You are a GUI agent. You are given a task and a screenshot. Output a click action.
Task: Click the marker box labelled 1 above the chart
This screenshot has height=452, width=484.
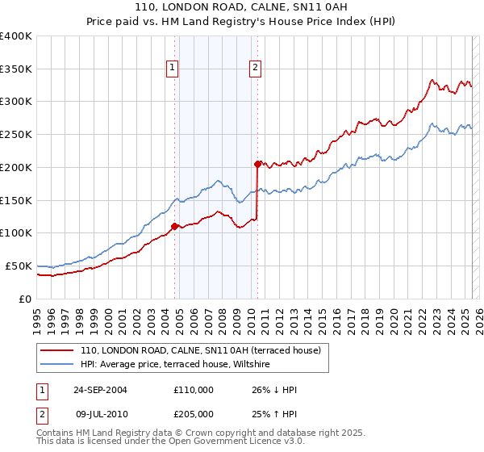pyautogui.click(x=173, y=69)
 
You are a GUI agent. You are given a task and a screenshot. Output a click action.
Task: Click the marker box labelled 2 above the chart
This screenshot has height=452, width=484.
pyautogui.click(x=255, y=69)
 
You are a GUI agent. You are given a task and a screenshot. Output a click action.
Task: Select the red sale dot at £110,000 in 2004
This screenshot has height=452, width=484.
pyautogui.click(x=175, y=226)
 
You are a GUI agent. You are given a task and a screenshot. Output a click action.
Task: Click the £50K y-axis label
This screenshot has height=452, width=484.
pyautogui.click(x=19, y=266)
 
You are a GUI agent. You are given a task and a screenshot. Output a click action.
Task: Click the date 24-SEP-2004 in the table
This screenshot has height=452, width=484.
pyautogui.click(x=100, y=390)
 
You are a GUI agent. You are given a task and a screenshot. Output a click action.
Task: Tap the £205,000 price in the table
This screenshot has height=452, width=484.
pyautogui.click(x=193, y=414)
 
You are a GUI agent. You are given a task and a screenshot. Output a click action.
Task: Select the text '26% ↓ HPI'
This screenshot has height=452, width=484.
pyautogui.click(x=274, y=390)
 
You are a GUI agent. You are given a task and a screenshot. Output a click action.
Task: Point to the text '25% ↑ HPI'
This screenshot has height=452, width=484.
pyautogui.click(x=274, y=414)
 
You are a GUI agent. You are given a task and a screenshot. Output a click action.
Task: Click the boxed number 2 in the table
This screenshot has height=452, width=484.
pyautogui.click(x=42, y=414)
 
